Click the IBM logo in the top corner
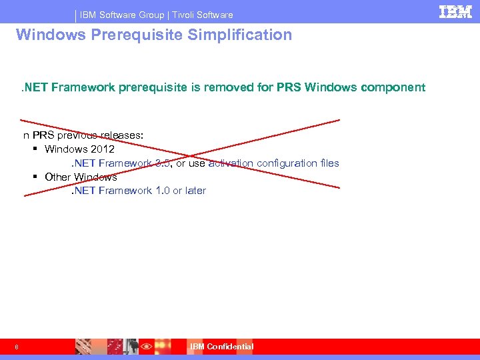456,11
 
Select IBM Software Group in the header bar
121,15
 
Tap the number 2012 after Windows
103,149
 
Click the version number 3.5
162,163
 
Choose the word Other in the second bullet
57,177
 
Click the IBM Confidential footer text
221,346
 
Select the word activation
231,163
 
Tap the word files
329,163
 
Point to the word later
195,191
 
